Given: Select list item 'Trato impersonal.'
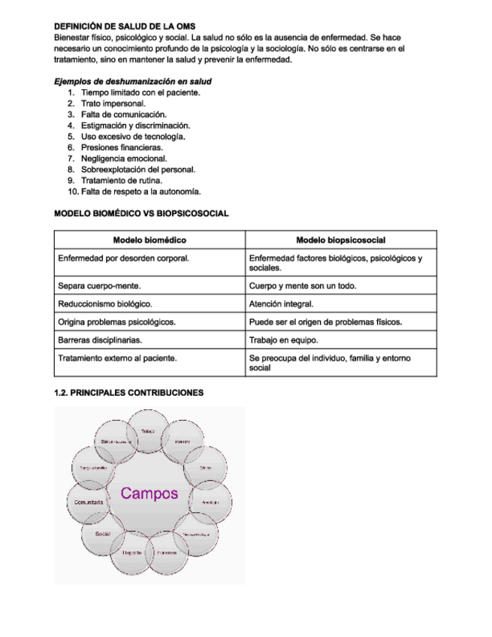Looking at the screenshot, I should tap(113, 104).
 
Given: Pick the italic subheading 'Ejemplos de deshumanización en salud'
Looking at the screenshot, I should tap(133, 81).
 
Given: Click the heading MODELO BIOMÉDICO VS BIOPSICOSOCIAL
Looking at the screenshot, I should tap(141, 214).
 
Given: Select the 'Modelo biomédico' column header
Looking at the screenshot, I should tap(149, 240).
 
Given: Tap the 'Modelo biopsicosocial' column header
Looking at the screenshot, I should tap(341, 240).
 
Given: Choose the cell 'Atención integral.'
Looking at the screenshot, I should tap(281, 304).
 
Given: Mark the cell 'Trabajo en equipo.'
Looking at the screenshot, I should tap(282, 340).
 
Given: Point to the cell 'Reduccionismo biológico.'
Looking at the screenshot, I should tap(105, 304).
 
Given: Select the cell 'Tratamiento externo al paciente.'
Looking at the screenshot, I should tap(118, 358).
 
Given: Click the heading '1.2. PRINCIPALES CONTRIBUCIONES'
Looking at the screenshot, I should tap(128, 392).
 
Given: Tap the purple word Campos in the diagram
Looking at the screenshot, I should tap(149, 494).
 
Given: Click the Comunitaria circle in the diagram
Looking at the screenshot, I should tap(89, 502).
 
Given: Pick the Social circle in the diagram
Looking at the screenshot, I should tap(104, 533).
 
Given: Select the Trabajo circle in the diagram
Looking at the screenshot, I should tap(148, 431).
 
